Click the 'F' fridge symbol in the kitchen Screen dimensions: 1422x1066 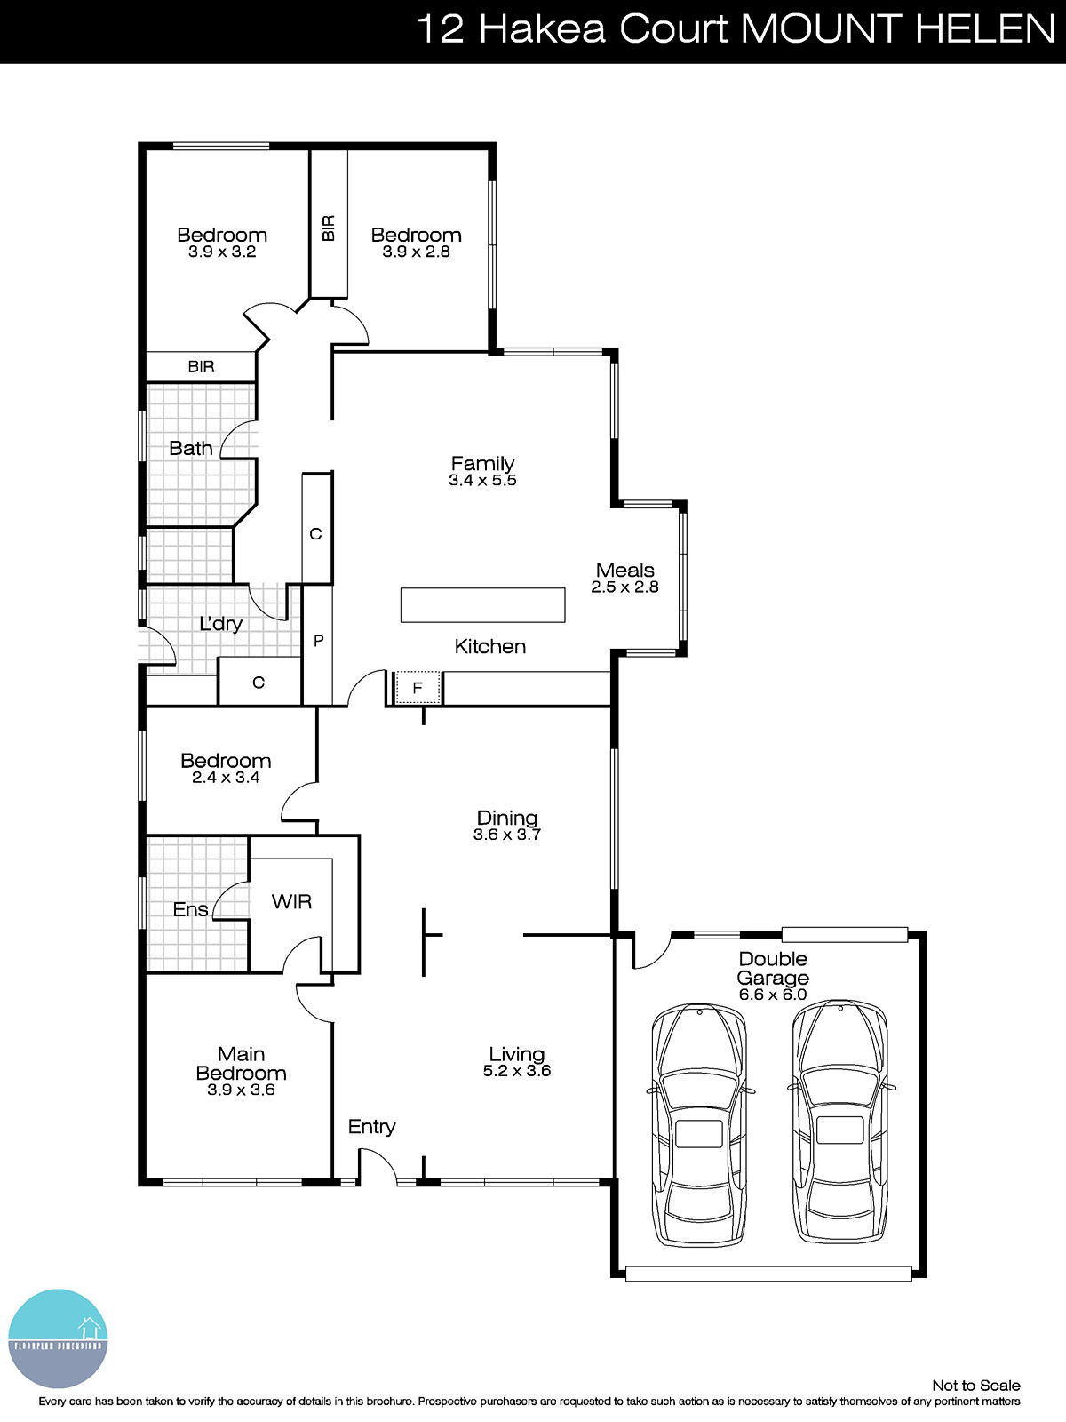click(418, 688)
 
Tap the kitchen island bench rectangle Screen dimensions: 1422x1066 click(482, 605)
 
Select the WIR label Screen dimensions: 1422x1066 click(291, 902)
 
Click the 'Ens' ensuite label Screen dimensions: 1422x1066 click(190, 909)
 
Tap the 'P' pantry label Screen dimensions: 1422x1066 click(318, 640)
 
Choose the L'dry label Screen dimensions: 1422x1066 click(220, 624)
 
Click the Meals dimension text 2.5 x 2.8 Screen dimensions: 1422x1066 click(624, 587)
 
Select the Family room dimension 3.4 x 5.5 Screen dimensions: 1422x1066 click(482, 481)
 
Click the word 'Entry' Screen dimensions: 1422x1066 click(371, 1127)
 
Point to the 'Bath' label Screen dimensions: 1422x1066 click(191, 449)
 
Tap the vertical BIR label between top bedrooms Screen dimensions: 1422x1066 click(329, 228)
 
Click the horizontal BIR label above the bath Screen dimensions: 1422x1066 click(201, 366)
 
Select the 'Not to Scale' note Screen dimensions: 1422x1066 click(975, 1386)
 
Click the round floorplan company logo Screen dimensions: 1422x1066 click(58, 1338)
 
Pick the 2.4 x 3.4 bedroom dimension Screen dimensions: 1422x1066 click(226, 778)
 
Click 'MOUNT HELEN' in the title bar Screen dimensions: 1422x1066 click(897, 29)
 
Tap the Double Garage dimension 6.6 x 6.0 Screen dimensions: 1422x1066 click(773, 995)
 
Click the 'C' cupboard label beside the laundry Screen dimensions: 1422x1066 click(259, 683)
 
